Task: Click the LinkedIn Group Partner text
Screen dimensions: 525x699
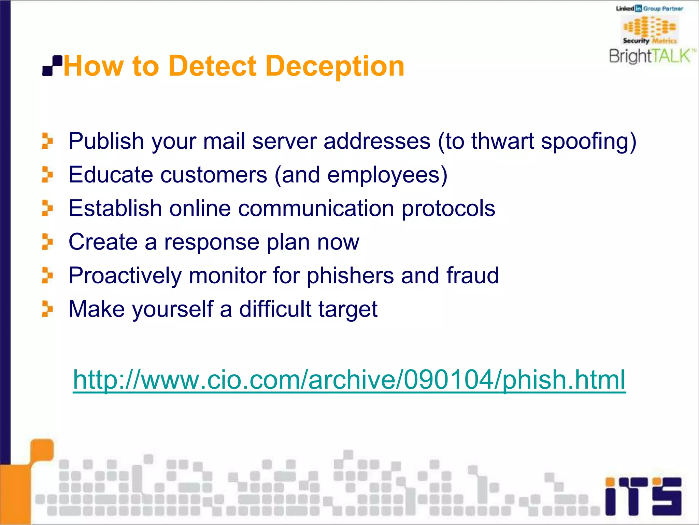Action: pos(650,9)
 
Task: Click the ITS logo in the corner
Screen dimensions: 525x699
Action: pos(643,496)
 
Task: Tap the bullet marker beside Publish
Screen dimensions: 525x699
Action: pos(47,141)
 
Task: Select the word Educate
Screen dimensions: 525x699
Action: pos(111,175)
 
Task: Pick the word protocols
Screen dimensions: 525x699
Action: pos(448,208)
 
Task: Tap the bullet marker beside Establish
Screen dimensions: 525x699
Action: pos(47,208)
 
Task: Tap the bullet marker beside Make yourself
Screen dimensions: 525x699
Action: pos(47,309)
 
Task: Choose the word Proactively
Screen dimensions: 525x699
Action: pos(125,275)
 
